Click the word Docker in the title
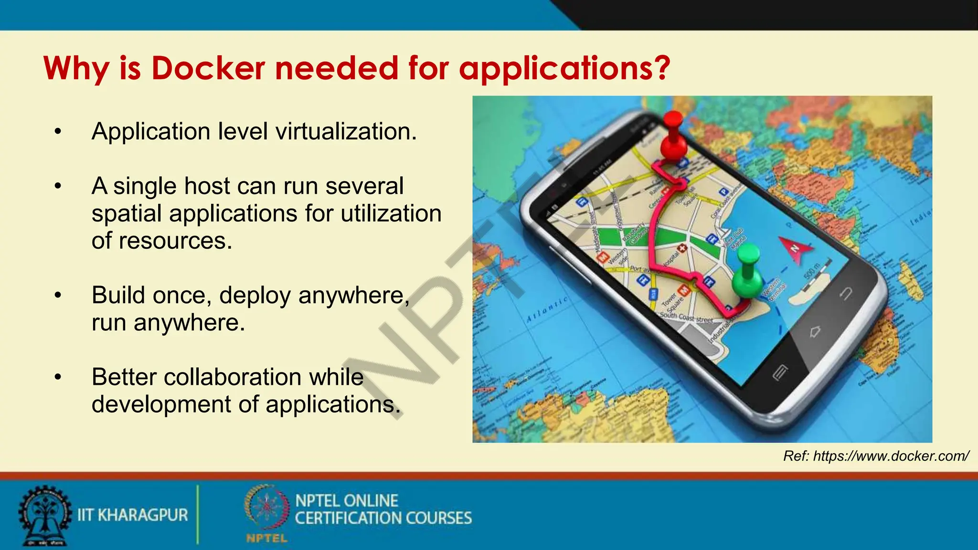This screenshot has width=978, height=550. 208,68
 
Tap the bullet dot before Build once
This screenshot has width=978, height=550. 58,296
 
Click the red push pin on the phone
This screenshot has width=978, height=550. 673,136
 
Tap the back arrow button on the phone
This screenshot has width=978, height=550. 846,294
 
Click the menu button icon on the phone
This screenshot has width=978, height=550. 780,372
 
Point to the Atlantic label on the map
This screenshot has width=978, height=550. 547,310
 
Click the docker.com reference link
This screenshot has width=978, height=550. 876,456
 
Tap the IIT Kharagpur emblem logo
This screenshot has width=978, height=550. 44,516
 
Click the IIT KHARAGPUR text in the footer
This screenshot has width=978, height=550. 133,515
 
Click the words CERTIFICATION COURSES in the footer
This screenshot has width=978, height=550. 383,518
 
